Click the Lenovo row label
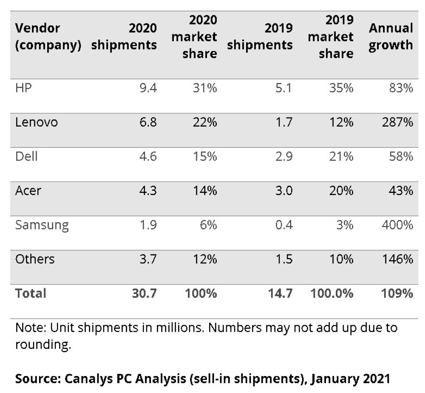point(37,122)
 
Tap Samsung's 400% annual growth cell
point(397,225)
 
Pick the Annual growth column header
point(391,37)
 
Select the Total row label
point(31,293)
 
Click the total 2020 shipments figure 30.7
point(144,293)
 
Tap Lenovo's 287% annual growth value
point(397,122)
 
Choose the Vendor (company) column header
point(48,37)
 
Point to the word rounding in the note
point(42,345)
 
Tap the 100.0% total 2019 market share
point(331,293)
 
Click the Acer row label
point(28,191)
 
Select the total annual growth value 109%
point(397,293)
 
